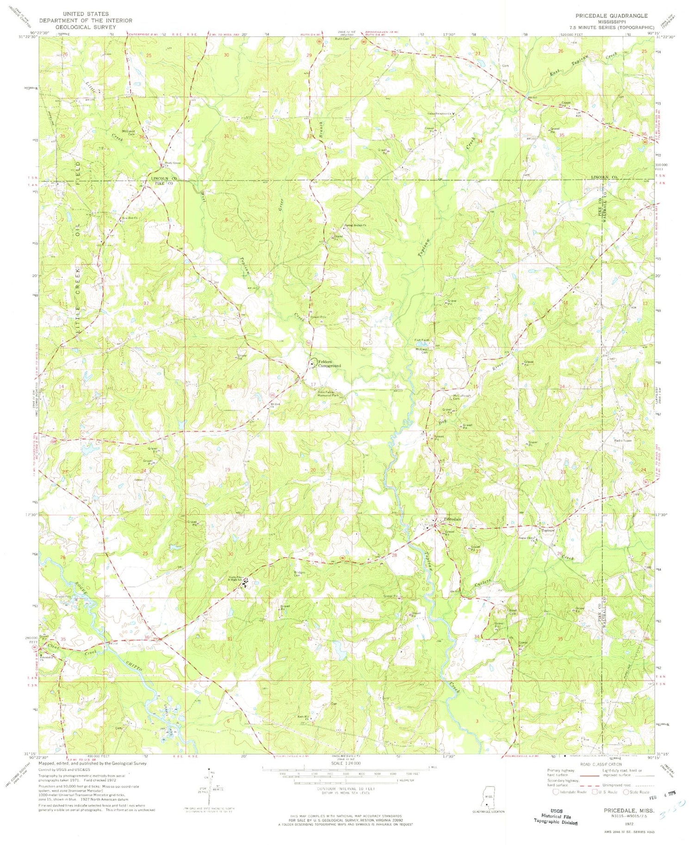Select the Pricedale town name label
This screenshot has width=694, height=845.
coord(452,520)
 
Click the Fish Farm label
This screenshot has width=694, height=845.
coord(421,340)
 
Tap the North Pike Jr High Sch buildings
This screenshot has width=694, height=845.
coord(245,581)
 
